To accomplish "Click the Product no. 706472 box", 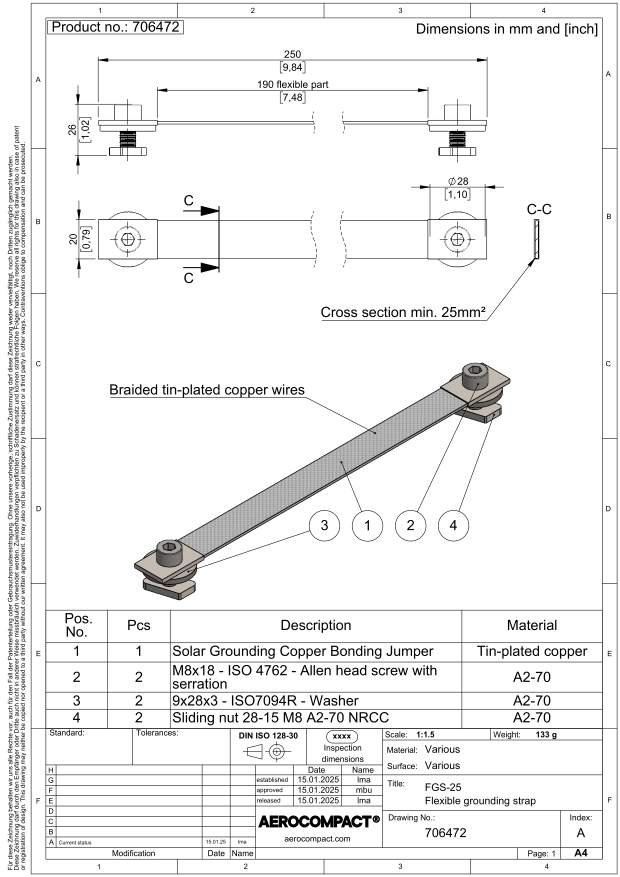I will tap(115, 27).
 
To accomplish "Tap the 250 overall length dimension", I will tap(292, 54).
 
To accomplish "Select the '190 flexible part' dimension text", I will tap(292, 84).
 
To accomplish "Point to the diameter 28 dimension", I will tap(458, 181).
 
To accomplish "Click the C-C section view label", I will tap(539, 209).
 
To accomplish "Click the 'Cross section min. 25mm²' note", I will tap(403, 312).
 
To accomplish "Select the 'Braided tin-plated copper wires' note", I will tap(207, 390).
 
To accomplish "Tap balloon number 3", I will tap(324, 525).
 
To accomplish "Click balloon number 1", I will tap(367, 525).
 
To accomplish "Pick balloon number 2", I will tap(410, 525).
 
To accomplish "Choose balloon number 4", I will tap(453, 525).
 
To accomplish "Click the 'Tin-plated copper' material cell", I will tap(531, 651).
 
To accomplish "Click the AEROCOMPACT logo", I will tap(318, 821).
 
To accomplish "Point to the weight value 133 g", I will tap(545, 734).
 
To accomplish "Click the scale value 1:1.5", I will tap(425, 734).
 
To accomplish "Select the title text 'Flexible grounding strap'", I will tap(480, 801).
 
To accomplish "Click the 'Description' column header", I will tap(315, 625).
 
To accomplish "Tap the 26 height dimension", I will tap(73, 129).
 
